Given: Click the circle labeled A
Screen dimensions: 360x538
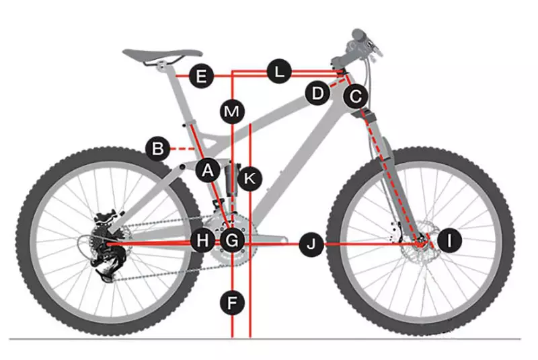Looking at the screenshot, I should click(x=208, y=171).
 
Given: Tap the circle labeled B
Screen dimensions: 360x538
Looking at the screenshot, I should click(x=158, y=147).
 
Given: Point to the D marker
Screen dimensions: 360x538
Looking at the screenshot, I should click(x=317, y=93).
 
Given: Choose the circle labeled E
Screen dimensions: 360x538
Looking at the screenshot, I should click(x=200, y=76).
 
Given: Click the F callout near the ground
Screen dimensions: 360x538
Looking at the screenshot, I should click(x=232, y=303).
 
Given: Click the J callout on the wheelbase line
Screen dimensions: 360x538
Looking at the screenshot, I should click(x=311, y=244).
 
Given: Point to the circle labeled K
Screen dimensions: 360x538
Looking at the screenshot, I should click(x=249, y=178).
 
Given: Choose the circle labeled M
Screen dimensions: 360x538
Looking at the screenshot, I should click(x=232, y=111).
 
